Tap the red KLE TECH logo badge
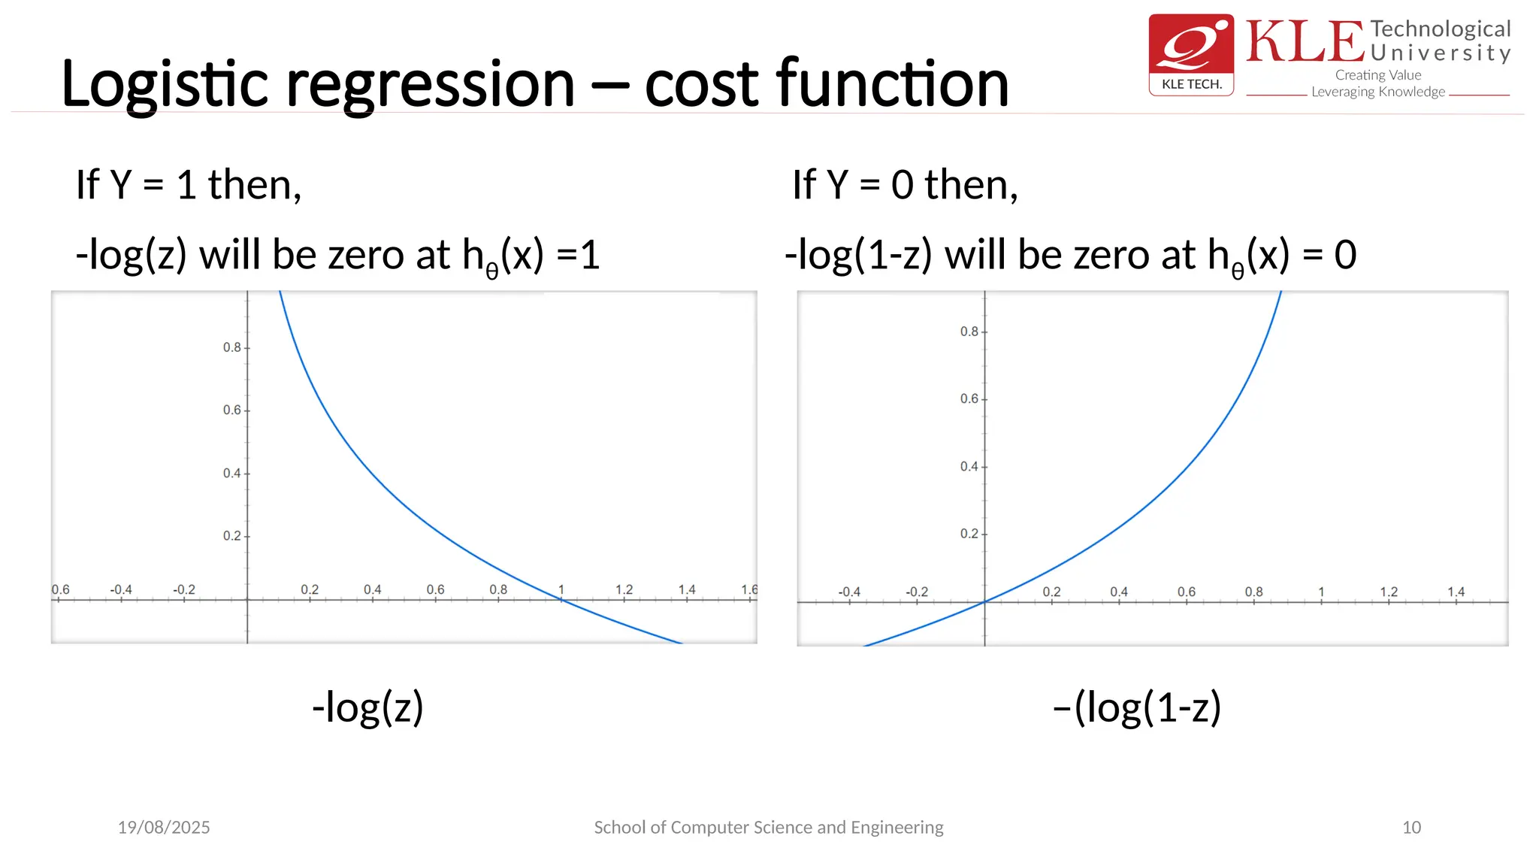[1191, 54]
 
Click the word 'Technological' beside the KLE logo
[1440, 29]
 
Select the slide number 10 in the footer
[1411, 827]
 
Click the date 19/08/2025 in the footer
[164, 827]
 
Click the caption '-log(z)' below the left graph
[368, 707]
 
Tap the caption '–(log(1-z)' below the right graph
[1137, 707]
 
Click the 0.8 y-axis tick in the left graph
[231, 347]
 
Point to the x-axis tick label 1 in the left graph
[561, 589]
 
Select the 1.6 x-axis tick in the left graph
[749, 589]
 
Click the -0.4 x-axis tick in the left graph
[121, 589]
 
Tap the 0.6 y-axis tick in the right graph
[969, 398]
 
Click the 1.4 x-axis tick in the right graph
[1456, 592]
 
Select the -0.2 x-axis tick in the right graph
[917, 592]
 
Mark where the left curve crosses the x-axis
[561, 599]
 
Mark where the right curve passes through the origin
[984, 602]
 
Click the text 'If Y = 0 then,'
[905, 185]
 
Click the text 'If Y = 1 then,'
[189, 185]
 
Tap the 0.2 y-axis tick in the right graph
[969, 534]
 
